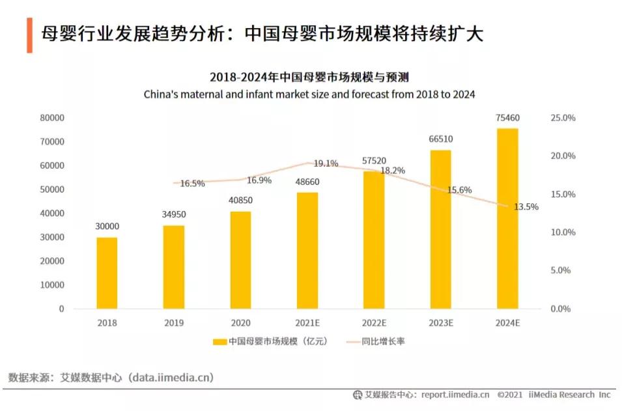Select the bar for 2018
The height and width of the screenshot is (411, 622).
[107, 273]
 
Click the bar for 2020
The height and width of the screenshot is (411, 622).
[240, 260]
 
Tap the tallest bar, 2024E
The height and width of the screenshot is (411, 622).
[507, 218]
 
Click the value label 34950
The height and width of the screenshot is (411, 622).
[173, 214]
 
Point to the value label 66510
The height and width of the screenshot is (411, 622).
[440, 139]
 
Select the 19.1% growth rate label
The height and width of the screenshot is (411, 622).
[326, 163]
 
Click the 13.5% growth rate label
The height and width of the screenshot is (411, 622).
[526, 206]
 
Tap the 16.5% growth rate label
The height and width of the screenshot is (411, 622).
[192, 184]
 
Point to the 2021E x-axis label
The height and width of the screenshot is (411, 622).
[307, 322]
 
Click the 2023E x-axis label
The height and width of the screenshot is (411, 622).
[440, 322]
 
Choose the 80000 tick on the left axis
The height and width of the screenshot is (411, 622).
[51, 118]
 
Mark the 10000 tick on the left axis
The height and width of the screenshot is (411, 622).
[51, 285]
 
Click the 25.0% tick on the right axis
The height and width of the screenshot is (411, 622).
[563, 118]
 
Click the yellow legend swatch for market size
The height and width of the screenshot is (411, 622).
[219, 341]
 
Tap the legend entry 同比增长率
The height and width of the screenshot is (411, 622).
[384, 341]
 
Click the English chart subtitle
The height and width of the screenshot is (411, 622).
[309, 94]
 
